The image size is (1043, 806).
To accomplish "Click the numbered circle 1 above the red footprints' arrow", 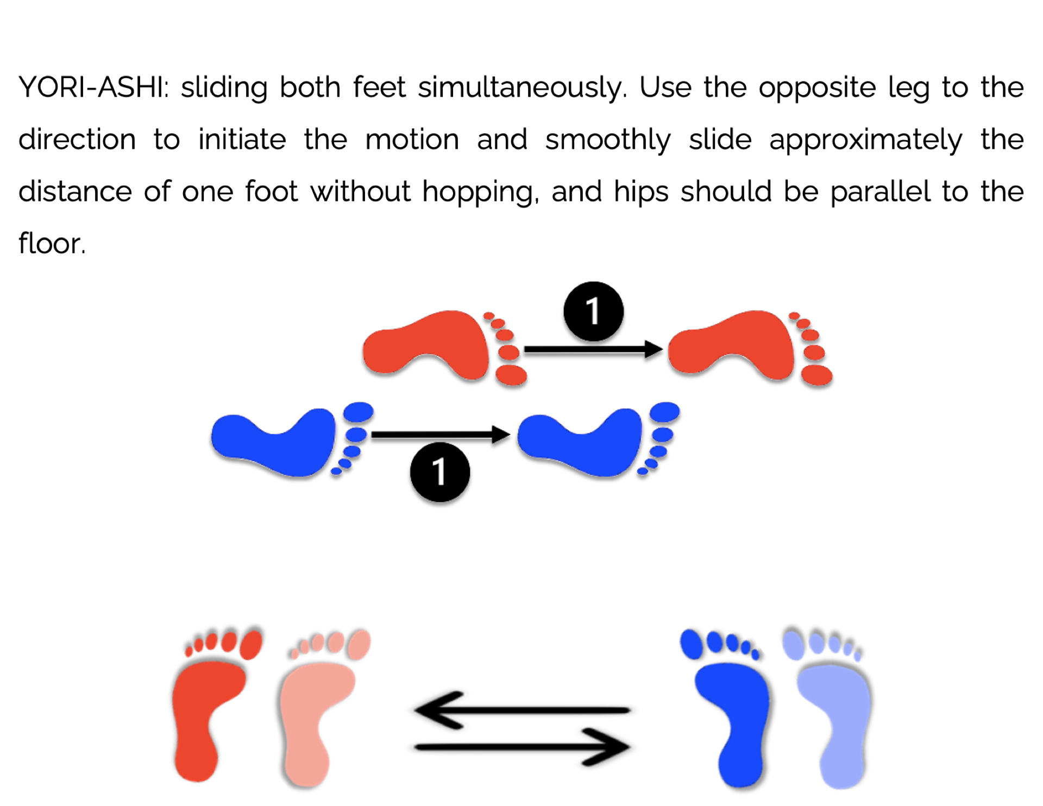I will (594, 311).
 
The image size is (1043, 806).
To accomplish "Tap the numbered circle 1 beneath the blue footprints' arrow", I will (439, 471).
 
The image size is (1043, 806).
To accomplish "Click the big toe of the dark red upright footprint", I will (251, 645).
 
